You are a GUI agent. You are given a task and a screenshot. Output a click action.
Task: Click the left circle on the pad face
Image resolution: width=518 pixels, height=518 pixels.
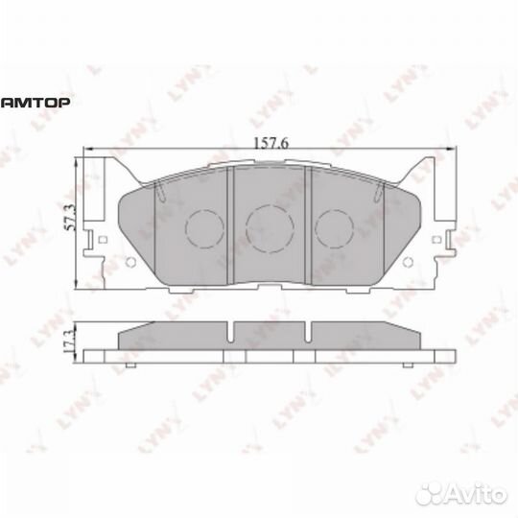(201, 227)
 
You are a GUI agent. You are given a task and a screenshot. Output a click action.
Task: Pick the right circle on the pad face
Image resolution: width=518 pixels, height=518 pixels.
(335, 227)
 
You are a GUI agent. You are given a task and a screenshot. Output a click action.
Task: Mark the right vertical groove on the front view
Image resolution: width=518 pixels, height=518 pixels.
(306, 223)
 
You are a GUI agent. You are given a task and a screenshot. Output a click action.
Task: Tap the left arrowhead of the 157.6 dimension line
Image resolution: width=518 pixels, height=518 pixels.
(89, 150)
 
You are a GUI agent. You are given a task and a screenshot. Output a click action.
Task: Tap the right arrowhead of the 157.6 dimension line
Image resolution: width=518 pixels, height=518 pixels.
(447, 150)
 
